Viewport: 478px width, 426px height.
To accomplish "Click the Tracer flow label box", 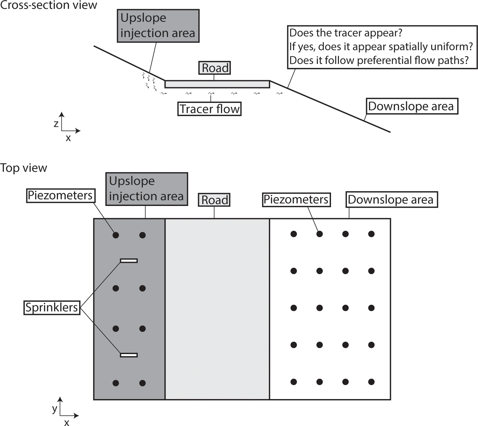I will point(209,109).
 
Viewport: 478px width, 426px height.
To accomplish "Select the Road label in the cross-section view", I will point(215,68).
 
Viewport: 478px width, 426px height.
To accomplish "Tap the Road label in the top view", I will point(214,200).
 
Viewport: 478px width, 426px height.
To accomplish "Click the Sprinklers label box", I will point(52,307).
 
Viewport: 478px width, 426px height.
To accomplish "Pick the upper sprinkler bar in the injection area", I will point(129,261).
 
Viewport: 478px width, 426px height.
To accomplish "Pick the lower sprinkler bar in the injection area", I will point(129,355).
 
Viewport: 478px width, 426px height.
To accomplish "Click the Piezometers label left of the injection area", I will point(61,196).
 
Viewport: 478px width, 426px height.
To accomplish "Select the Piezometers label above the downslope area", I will point(296,200).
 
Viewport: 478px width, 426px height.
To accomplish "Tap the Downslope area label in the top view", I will point(391,200).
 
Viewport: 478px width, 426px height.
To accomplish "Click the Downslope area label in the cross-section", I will point(412,106).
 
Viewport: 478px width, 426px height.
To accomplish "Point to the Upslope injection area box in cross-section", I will point(158,26).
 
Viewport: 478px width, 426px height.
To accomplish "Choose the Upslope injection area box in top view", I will point(147,189).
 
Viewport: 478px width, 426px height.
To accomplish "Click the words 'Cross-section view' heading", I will point(48,5).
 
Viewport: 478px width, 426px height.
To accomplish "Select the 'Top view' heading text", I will point(24,168).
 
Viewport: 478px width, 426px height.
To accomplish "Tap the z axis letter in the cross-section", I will point(56,124).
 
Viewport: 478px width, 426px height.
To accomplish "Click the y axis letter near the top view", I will point(55,409).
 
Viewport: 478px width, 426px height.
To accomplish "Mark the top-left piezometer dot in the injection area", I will point(116,235).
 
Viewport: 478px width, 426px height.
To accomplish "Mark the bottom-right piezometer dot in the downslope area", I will point(371,382).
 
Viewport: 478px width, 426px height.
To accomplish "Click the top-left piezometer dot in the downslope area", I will point(294,234).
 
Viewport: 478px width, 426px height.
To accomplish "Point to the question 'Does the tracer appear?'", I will point(346,33).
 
